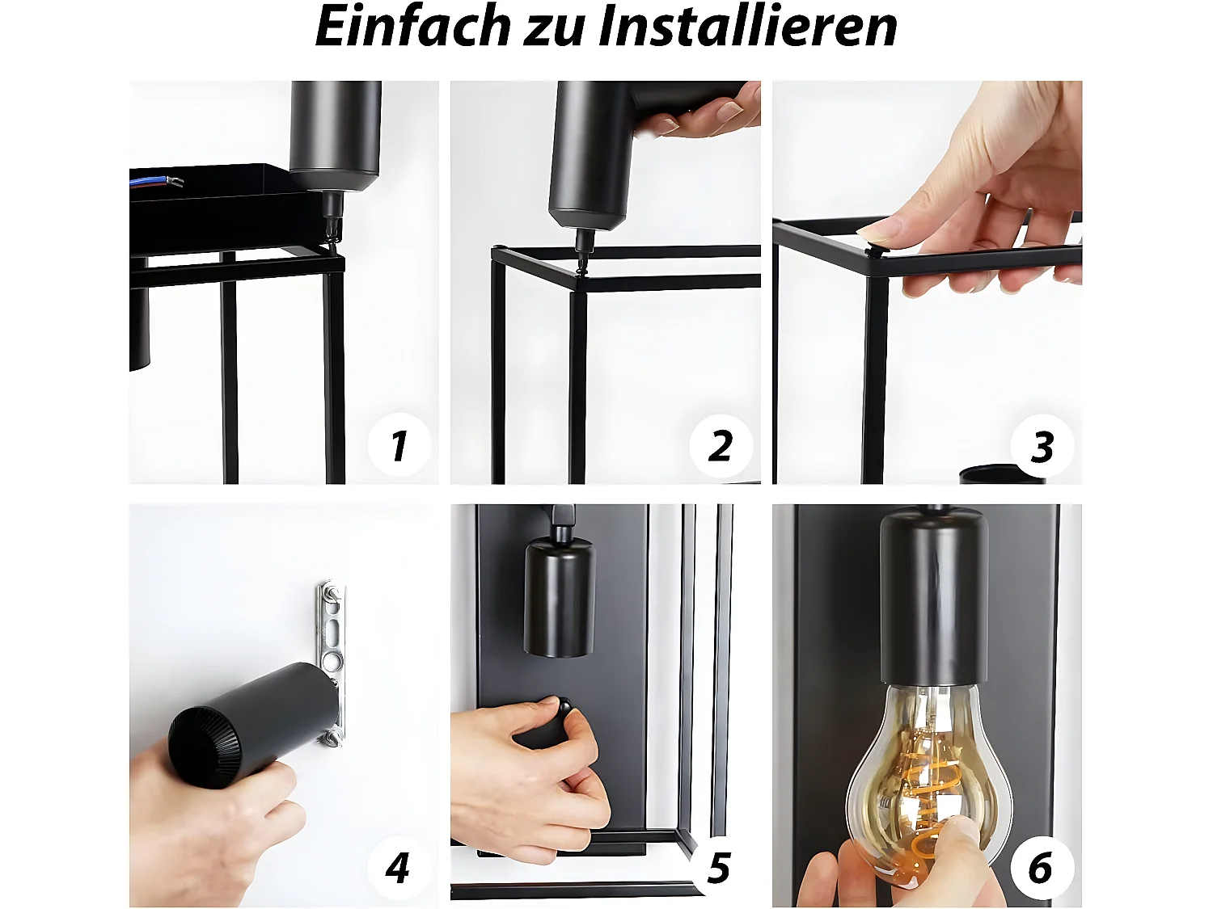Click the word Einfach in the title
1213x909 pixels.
pyautogui.click(x=412, y=26)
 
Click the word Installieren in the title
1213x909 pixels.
pyautogui.click(x=747, y=26)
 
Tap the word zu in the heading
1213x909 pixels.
pyautogui.click(x=554, y=29)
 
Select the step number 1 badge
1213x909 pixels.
pyautogui.click(x=399, y=445)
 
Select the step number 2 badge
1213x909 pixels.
pyautogui.click(x=721, y=445)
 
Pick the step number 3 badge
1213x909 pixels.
pyautogui.click(x=1042, y=446)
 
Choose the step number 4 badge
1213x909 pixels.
pyautogui.click(x=398, y=868)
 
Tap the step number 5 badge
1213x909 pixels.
pyautogui.click(x=719, y=868)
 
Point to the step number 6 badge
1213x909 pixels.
pyautogui.click(x=1041, y=868)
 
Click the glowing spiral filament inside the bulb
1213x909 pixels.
pyautogui.click(x=922, y=792)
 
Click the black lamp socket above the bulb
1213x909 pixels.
pyautogui.click(x=934, y=598)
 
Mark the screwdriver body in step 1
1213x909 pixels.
pyautogui.click(x=335, y=133)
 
